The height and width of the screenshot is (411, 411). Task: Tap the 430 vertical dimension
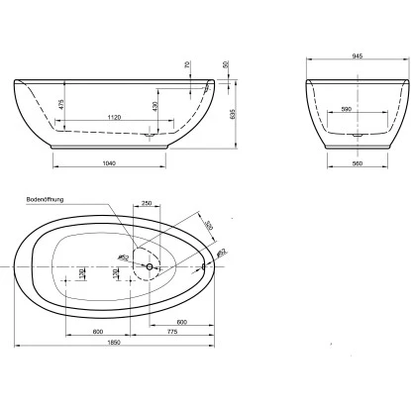click(154, 106)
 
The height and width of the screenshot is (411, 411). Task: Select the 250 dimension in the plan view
click(146, 204)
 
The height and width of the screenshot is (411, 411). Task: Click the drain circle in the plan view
click(150, 266)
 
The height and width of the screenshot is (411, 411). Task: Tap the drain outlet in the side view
click(150, 134)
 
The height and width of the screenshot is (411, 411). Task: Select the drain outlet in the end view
click(357, 134)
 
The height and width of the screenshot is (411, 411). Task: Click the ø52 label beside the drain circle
click(125, 258)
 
